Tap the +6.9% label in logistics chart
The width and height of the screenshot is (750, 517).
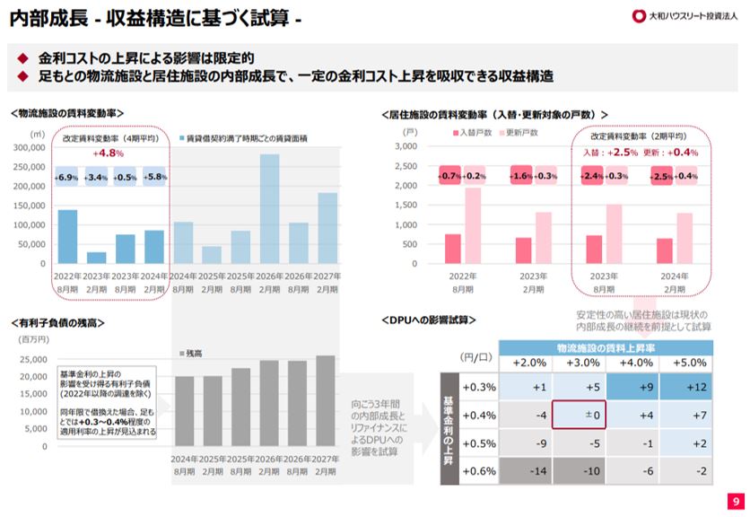click(x=66, y=177)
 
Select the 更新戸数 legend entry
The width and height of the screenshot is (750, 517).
click(x=519, y=133)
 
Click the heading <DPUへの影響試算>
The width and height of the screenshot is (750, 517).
click(x=427, y=320)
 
